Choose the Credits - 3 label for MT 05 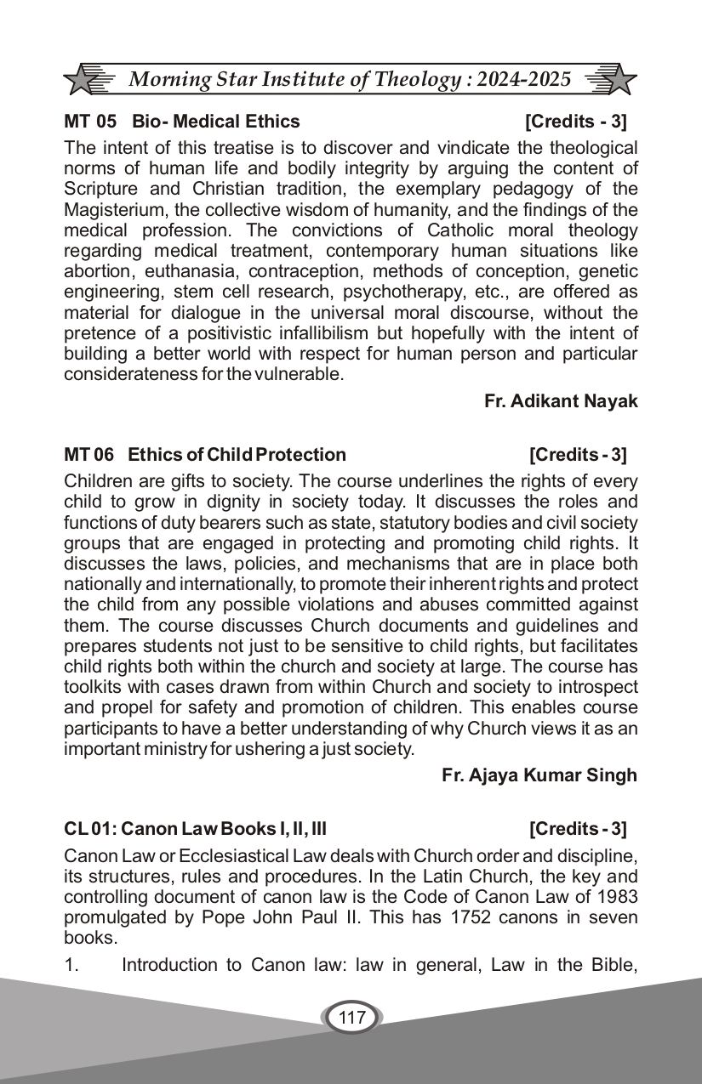click(x=575, y=122)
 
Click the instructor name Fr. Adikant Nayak click(x=561, y=400)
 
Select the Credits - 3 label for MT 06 click(x=577, y=455)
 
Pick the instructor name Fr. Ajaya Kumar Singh click(x=539, y=775)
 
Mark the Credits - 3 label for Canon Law click(x=577, y=829)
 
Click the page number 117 click(x=351, y=1018)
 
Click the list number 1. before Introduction click(x=71, y=965)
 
